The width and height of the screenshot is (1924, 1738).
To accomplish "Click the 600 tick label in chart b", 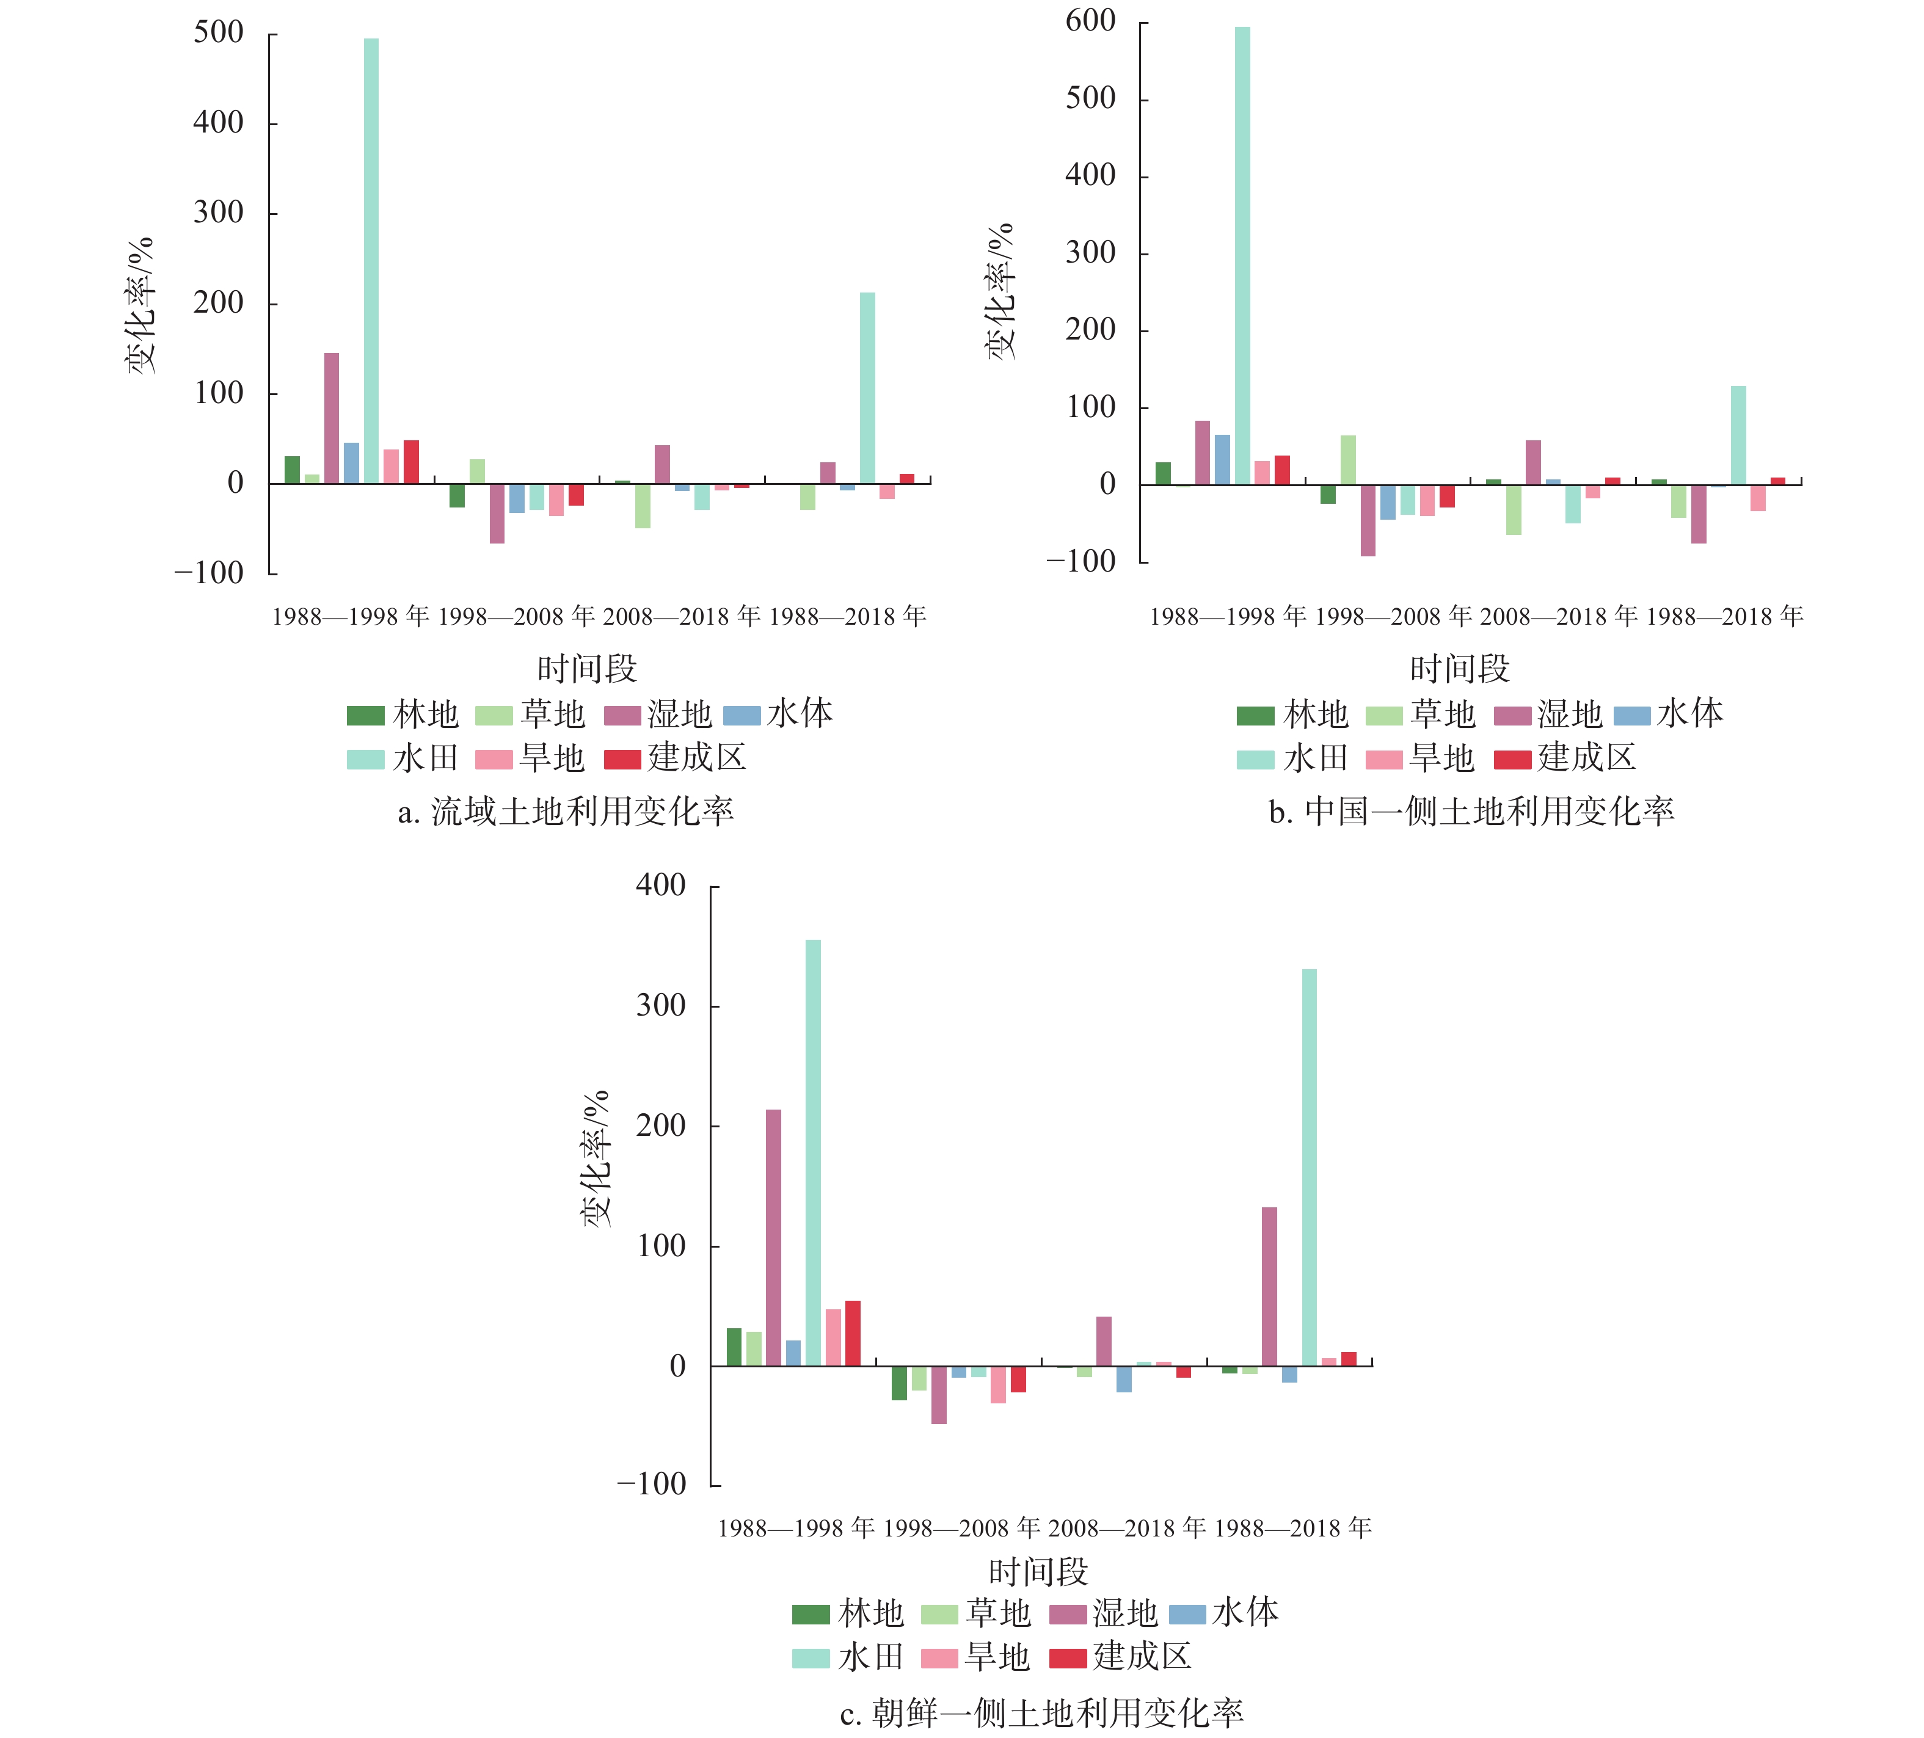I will click(x=1091, y=20).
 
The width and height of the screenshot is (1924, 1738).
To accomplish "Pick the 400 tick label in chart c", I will click(x=661, y=885).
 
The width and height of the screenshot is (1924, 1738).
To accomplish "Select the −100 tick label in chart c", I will click(x=652, y=1483).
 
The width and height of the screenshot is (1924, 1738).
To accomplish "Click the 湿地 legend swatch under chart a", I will click(x=623, y=715).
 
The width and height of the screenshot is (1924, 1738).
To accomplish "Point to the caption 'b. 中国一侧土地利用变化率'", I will click(x=1471, y=811).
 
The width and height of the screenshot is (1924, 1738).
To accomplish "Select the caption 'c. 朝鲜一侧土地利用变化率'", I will click(x=1041, y=1713).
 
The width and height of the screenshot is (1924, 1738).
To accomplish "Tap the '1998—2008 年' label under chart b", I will click(x=1393, y=617).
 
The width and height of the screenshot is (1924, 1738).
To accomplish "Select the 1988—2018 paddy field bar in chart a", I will click(x=867, y=388).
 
